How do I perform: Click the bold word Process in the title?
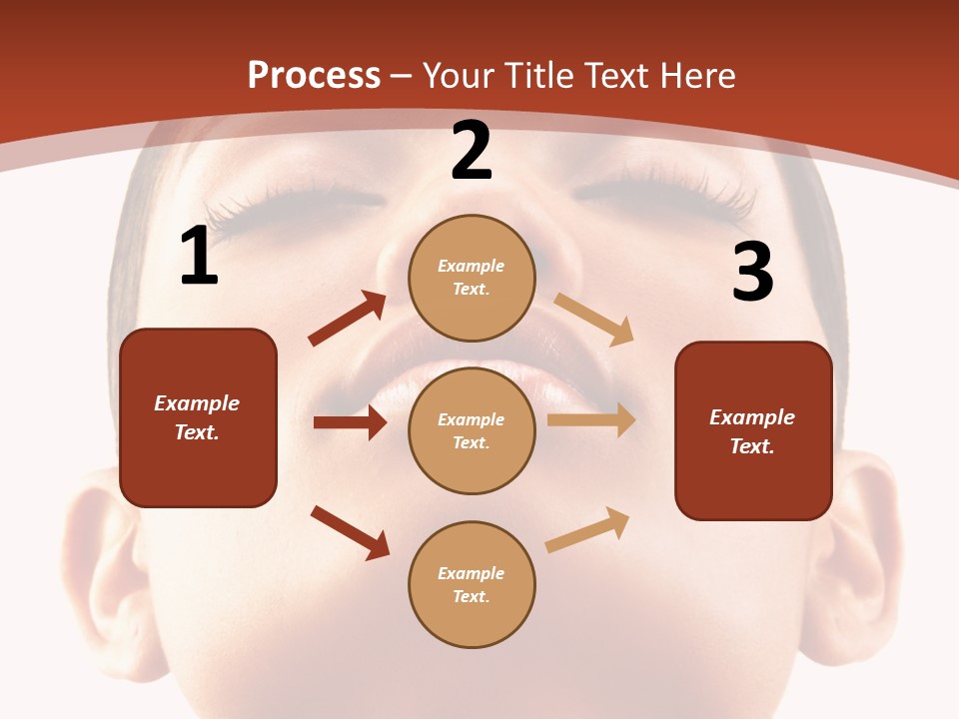click(x=314, y=76)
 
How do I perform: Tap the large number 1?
click(x=199, y=257)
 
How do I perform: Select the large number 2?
click(x=472, y=151)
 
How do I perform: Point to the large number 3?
click(x=753, y=272)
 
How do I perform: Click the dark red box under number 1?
click(x=198, y=417)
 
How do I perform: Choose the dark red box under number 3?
click(x=753, y=431)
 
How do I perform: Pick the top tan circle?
click(x=472, y=278)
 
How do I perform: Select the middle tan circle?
click(x=472, y=430)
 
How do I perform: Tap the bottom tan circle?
click(x=472, y=584)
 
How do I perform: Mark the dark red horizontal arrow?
click(x=350, y=422)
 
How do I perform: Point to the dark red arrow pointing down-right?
click(x=351, y=532)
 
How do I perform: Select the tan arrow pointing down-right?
click(x=594, y=320)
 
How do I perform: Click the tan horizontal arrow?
click(x=591, y=420)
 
